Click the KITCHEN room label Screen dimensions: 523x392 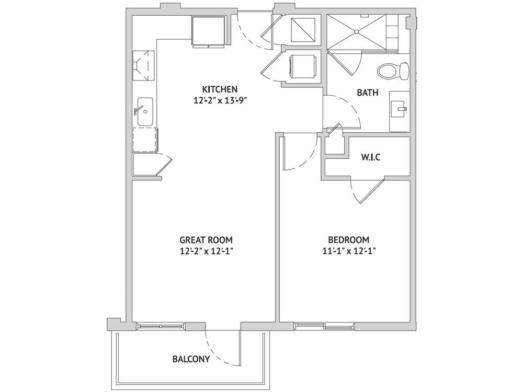(x=220, y=89)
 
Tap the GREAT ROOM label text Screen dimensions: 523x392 (x=206, y=240)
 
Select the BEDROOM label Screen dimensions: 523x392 (x=348, y=240)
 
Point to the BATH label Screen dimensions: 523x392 (x=368, y=93)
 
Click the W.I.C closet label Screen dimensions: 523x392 (x=371, y=157)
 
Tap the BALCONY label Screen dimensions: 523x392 (x=191, y=359)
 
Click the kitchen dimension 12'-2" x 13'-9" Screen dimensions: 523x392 (x=220, y=100)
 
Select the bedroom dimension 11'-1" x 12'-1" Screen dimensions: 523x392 (x=349, y=251)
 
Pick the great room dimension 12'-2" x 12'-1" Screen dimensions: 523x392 (x=206, y=251)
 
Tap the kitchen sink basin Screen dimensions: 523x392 (x=145, y=112)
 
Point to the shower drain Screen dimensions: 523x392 (x=356, y=32)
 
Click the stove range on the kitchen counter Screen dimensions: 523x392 (x=143, y=65)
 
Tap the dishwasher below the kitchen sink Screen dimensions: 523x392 (x=145, y=140)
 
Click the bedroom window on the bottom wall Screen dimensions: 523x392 (x=324, y=326)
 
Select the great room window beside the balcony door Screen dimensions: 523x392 (x=161, y=326)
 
